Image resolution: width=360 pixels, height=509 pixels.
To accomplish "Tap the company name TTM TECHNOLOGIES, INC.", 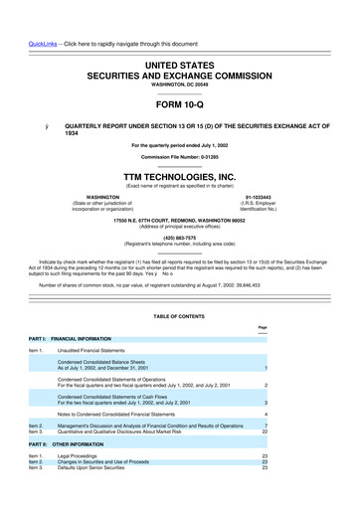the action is tap(180, 173).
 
